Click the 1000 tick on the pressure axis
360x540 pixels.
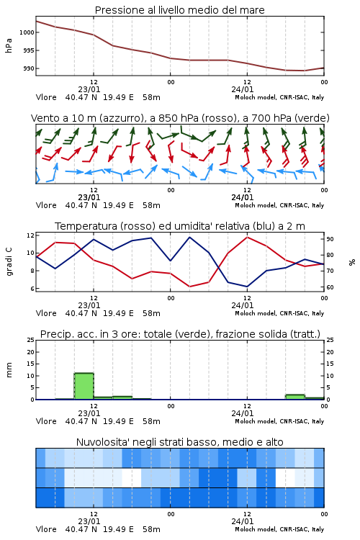tap(27, 32)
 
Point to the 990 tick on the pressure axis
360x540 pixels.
tap(29, 68)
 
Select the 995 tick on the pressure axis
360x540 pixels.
tap(29, 50)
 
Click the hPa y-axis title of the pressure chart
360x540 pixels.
tap(9, 46)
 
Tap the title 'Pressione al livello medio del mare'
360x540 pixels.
tap(180, 10)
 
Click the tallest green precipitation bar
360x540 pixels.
tap(84, 386)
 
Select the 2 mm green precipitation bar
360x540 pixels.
tap(295, 397)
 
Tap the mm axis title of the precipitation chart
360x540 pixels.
tap(9, 370)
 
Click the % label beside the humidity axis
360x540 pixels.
tap(352, 262)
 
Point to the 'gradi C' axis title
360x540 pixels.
tap(9, 261)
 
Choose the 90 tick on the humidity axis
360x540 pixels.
tap(330, 239)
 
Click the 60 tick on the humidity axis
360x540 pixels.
tap(330, 287)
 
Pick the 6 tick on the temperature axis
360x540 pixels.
tap(32, 289)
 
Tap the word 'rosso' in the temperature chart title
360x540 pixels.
tap(138, 226)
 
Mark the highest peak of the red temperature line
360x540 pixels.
tap(247, 237)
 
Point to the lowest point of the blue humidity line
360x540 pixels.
tap(247, 287)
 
